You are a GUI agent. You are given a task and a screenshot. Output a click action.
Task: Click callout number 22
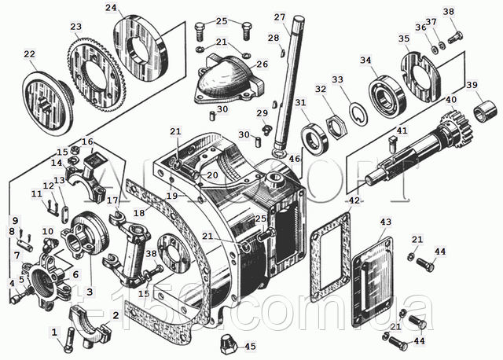(x=28, y=54)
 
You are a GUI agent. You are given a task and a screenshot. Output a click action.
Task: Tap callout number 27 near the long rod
(x=279, y=17)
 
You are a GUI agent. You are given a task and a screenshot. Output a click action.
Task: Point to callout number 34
(x=387, y=60)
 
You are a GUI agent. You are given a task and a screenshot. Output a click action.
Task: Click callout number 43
(x=385, y=222)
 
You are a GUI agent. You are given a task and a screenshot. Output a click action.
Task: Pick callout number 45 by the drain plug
(x=250, y=346)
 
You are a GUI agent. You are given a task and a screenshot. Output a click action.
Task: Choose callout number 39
(x=472, y=86)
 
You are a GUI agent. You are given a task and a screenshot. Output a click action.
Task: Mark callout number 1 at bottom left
(x=54, y=331)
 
